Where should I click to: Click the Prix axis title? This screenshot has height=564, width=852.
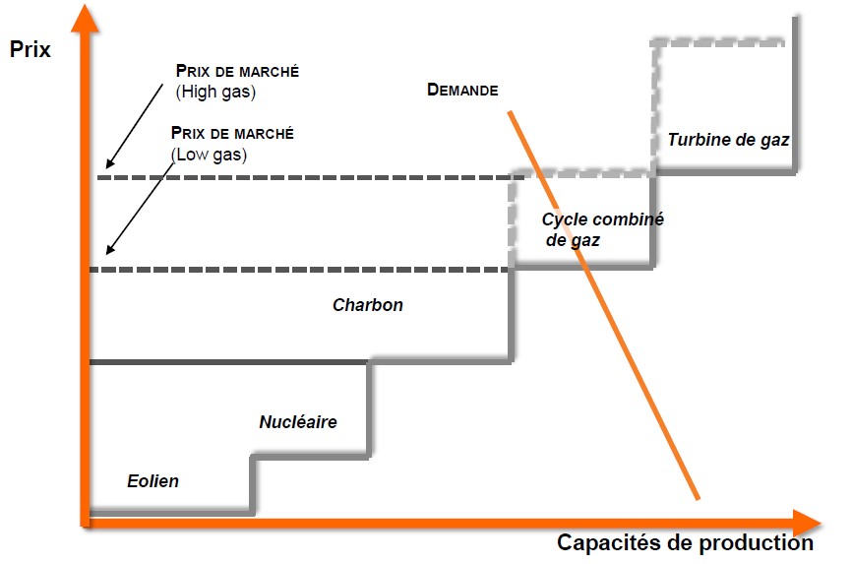click(30, 49)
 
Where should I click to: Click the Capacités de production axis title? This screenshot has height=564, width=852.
click(685, 542)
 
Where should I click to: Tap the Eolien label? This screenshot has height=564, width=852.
click(152, 481)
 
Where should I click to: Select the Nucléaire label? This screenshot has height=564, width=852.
click(298, 422)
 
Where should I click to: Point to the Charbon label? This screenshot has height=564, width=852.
click(367, 305)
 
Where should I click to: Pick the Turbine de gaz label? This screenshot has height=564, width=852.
click(728, 140)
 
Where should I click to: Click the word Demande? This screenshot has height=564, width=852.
click(462, 90)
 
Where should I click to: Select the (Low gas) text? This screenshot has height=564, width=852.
click(209, 155)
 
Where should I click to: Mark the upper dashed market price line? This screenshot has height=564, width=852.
click(295, 178)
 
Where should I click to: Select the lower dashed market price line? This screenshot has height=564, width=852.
click(295, 270)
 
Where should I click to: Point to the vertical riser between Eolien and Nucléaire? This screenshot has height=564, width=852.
click(254, 484)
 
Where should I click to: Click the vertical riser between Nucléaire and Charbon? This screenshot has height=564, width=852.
click(370, 408)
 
